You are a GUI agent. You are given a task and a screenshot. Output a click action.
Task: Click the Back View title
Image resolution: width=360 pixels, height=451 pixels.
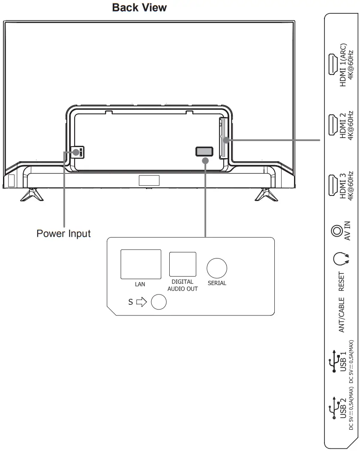pyautogui.click(x=139, y=8)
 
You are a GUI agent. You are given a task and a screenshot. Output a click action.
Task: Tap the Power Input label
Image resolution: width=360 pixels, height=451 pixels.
pyautogui.click(x=63, y=234)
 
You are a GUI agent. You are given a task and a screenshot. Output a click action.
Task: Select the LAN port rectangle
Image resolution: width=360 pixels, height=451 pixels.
pyautogui.click(x=141, y=263)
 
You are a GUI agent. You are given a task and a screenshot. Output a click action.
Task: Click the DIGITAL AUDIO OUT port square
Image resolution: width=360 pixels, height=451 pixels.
pyautogui.click(x=183, y=264)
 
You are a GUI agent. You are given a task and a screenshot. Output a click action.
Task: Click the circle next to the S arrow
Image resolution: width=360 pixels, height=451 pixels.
pyautogui.click(x=159, y=302)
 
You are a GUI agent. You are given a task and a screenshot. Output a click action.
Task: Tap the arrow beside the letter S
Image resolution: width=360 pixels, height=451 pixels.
pyautogui.click(x=141, y=302)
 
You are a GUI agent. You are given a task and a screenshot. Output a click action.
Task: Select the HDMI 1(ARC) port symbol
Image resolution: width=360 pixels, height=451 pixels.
pyautogui.click(x=331, y=65)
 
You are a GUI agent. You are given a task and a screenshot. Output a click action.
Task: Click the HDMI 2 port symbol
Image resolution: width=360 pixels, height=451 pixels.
pyautogui.click(x=331, y=126)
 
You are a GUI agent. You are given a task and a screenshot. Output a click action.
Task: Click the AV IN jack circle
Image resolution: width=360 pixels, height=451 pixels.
pyautogui.click(x=336, y=232)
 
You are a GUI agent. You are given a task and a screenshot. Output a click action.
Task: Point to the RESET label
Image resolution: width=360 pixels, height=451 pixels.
pyautogui.click(x=342, y=281)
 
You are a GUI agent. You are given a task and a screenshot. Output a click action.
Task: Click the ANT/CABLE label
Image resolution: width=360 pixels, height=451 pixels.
pyautogui.click(x=342, y=315)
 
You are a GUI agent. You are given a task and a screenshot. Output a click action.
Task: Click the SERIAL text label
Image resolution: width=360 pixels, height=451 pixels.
pyautogui.click(x=217, y=283)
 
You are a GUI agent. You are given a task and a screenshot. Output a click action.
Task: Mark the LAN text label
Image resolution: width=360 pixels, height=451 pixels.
pyautogui.click(x=140, y=284)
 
